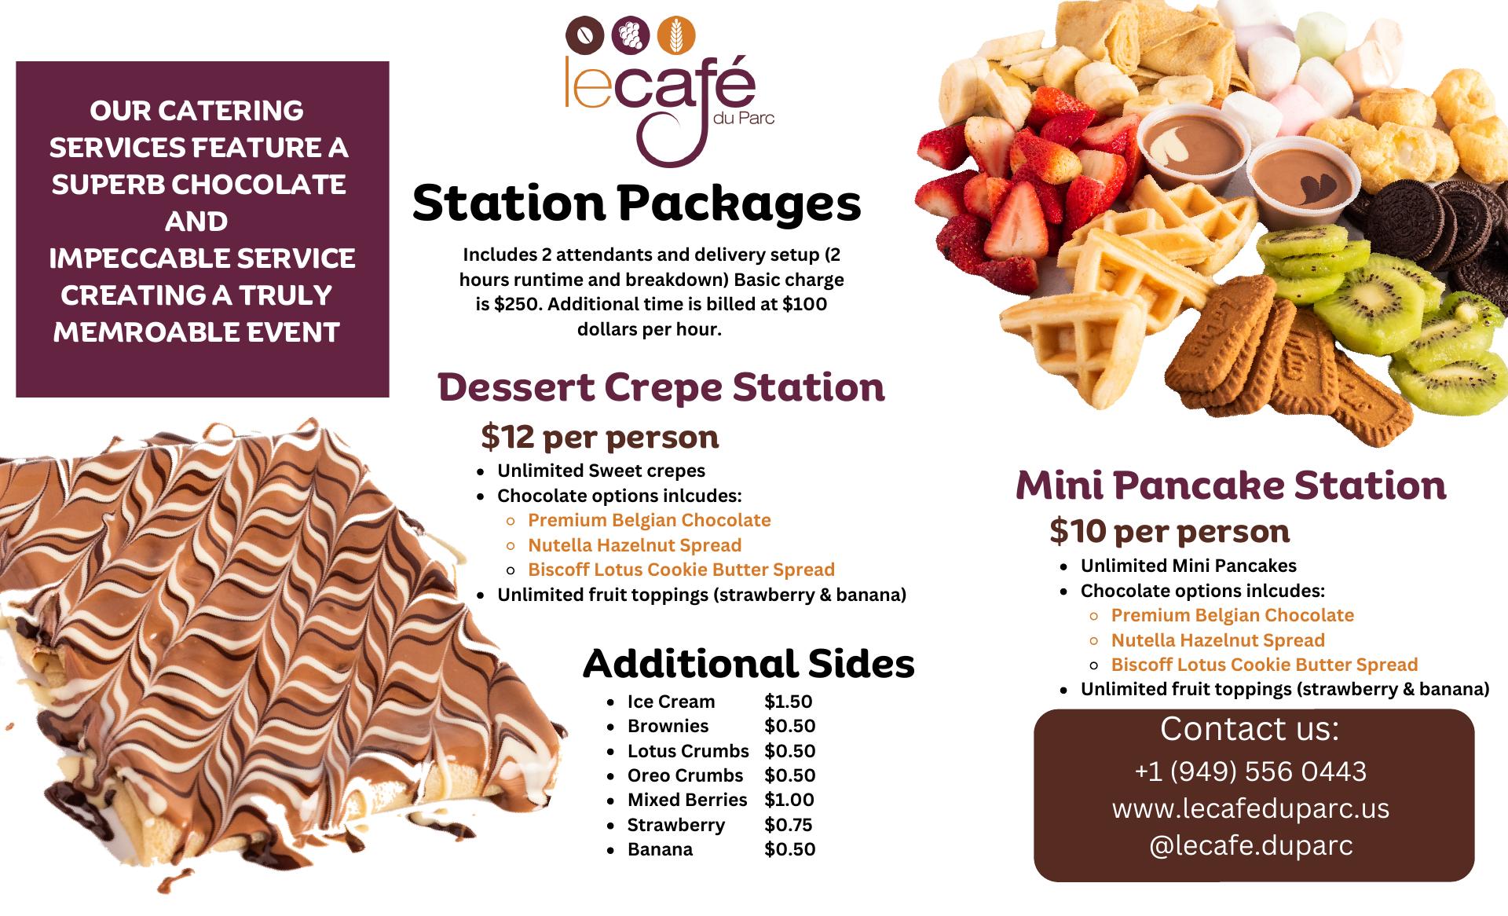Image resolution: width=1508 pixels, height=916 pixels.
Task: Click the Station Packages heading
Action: (637, 203)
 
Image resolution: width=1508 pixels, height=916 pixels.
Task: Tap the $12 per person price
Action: (600, 438)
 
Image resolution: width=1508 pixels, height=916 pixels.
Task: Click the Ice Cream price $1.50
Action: (789, 702)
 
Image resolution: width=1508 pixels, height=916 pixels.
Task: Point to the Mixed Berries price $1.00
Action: (789, 800)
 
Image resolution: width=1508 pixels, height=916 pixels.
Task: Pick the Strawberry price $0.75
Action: (789, 825)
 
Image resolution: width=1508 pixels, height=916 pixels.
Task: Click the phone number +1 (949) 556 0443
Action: (1250, 771)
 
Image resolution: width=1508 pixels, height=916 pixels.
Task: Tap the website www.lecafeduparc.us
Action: (1250, 808)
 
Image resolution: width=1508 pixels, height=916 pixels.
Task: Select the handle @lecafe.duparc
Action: (1250, 845)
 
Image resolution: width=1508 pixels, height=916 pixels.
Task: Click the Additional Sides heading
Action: (749, 664)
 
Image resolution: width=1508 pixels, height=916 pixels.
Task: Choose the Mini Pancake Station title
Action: (1231, 485)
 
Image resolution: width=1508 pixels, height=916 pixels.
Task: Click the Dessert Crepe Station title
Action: (661, 387)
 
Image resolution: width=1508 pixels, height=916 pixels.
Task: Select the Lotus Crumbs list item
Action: (688, 751)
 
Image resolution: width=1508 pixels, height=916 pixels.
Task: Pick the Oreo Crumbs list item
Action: (685, 775)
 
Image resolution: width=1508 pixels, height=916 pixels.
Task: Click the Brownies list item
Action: (668, 726)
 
